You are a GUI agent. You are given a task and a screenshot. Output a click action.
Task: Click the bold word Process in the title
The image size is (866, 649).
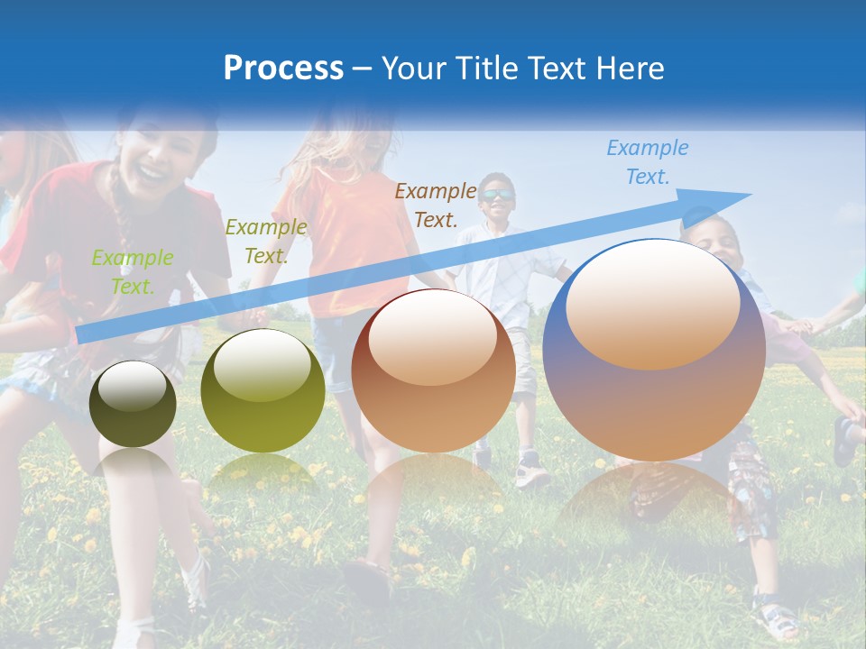283,69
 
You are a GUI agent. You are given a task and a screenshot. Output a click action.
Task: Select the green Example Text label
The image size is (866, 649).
132,272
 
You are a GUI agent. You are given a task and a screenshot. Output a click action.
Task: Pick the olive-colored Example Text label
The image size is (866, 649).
265,242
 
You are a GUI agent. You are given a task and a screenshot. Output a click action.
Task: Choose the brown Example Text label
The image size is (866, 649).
436,205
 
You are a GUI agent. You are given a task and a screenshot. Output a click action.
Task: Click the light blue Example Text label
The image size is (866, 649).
647,162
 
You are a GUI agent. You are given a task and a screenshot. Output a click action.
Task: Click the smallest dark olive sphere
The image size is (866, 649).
133,404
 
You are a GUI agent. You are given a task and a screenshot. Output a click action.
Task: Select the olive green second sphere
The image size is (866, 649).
263,391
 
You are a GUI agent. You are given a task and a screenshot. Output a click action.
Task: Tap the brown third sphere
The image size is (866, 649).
433,371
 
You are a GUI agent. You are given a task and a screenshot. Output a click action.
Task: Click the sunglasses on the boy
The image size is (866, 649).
496,195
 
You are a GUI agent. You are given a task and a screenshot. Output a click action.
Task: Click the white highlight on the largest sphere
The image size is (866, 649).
652,302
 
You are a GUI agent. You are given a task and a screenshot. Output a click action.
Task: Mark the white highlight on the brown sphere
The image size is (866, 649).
432,336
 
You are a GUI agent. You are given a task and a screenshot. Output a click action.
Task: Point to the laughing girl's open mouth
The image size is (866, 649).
153,169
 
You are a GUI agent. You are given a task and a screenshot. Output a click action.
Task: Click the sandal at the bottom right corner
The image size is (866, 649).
778,619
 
